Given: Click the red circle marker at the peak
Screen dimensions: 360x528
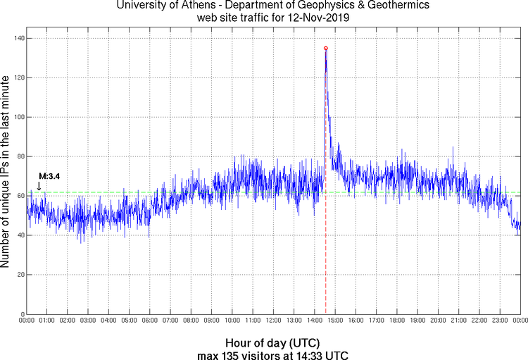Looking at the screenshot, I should click(325, 48).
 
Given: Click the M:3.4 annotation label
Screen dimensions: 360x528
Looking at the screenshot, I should click(49, 175).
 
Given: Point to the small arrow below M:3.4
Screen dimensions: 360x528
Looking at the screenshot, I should click(39, 186).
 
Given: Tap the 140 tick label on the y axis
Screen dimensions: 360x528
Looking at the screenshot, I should click(16, 38).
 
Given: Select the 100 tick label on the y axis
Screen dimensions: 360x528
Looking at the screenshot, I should click(16, 117).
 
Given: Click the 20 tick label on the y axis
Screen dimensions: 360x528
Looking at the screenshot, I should click(18, 275).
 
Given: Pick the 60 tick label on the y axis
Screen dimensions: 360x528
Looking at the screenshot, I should click(18, 196).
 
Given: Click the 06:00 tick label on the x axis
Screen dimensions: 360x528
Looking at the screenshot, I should click(150, 321).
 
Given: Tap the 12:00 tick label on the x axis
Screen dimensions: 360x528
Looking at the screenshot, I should click(273, 321).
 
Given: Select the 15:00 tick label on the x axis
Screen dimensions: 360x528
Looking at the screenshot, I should click(335, 321).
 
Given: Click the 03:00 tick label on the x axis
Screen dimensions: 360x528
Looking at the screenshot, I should click(88, 321).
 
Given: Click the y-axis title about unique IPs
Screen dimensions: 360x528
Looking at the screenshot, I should click(6, 173).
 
